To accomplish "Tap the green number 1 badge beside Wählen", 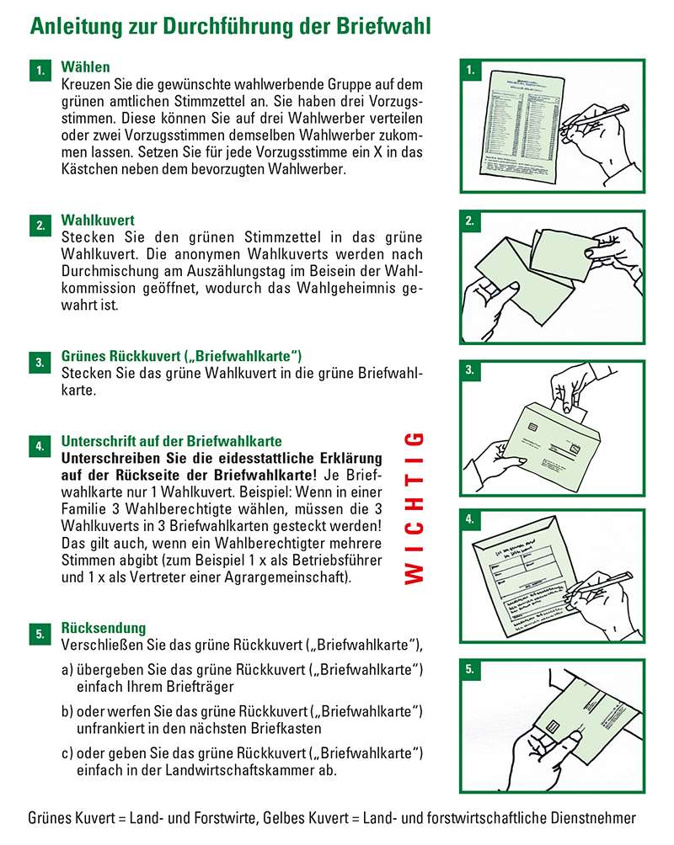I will [40, 72].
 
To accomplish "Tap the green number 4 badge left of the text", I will [40, 446].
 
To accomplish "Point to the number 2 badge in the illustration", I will [470, 221].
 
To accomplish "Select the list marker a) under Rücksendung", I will [67, 670].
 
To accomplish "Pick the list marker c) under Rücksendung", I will [67, 752].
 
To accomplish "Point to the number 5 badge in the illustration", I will [470, 670].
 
